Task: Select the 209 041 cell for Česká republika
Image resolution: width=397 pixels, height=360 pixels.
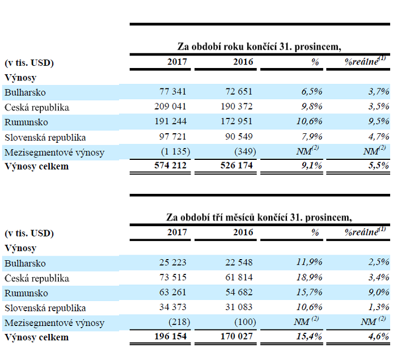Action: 170,107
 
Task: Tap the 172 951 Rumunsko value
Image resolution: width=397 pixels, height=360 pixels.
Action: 236,122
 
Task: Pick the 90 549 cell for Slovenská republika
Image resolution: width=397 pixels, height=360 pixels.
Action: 239,137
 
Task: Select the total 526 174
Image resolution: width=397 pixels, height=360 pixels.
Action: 236,167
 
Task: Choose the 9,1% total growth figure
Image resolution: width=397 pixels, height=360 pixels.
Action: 309,167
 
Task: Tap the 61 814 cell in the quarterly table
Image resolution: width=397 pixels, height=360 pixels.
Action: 239,278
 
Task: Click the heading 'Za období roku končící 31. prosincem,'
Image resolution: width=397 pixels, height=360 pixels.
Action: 259,46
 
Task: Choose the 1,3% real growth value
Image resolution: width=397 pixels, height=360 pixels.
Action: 378,308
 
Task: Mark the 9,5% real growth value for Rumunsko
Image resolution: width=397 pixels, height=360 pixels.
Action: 378,122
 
